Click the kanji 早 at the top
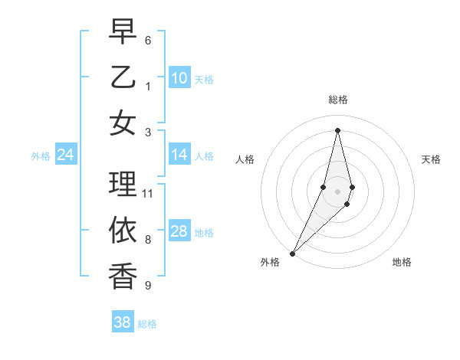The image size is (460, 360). pyautogui.click(x=123, y=32)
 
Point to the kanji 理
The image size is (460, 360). pyautogui.click(x=123, y=184)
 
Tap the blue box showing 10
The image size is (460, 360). pyautogui.click(x=179, y=78)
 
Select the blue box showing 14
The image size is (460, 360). pyautogui.click(x=179, y=155)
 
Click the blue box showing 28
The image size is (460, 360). pyautogui.click(x=179, y=232)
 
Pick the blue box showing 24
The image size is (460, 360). pyautogui.click(x=65, y=155)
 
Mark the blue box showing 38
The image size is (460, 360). pyautogui.click(x=123, y=322)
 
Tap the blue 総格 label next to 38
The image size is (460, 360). pyautogui.click(x=148, y=324)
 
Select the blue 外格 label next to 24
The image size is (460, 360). pyautogui.click(x=41, y=156)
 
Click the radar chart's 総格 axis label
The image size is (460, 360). pyautogui.click(x=337, y=100)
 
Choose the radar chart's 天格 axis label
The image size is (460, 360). pyautogui.click(x=432, y=159)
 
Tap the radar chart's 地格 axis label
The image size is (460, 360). pyautogui.click(x=402, y=262)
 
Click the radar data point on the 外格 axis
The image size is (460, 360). pyautogui.click(x=292, y=253)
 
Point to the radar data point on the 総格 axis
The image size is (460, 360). pyautogui.click(x=337, y=129)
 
